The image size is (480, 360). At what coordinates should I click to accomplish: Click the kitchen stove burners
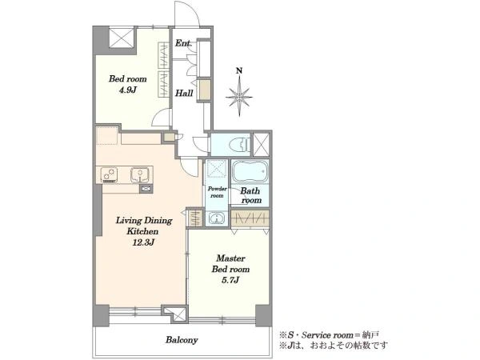pyautogui.click(x=110, y=174)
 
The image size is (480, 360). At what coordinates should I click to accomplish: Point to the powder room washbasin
pyautogui.click(x=217, y=218)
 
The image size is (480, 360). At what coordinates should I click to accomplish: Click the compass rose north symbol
pyautogui.click(x=239, y=97)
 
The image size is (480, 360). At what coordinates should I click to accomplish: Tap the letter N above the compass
pyautogui.click(x=239, y=70)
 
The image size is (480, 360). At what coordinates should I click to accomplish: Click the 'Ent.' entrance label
pyautogui.click(x=183, y=43)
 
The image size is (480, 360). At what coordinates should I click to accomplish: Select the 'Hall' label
pyautogui.click(x=184, y=93)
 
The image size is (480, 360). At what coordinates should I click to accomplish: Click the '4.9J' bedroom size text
pyautogui.click(x=128, y=90)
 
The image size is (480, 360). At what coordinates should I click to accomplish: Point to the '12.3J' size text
pyautogui.click(x=143, y=242)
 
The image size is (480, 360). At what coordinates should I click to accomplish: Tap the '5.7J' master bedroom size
pyautogui.click(x=230, y=280)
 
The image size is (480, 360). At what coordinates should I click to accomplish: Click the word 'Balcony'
pyautogui.click(x=182, y=340)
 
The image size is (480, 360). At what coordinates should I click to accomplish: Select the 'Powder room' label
pyautogui.click(x=217, y=192)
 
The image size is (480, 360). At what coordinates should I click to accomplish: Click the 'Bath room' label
pyautogui.click(x=251, y=195)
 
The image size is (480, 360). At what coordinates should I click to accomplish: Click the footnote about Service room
pyautogui.click(x=330, y=334)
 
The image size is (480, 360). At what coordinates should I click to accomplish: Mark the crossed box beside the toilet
pyautogui.click(x=261, y=144)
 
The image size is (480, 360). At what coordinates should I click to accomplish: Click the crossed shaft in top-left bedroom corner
pyautogui.click(x=122, y=38)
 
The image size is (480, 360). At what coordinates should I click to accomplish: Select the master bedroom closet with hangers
pyautogui.click(x=250, y=218)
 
